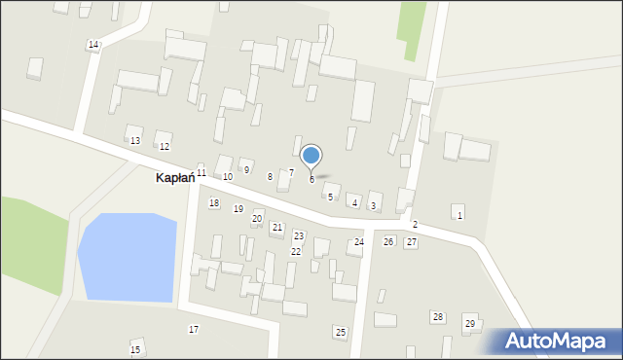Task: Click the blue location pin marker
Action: tap(311, 156)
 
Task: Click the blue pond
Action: tap(128, 257)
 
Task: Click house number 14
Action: tap(92, 46)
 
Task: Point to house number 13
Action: tap(135, 141)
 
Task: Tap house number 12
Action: tap(165, 147)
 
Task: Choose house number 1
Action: tap(459, 215)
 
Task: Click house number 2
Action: tap(415, 225)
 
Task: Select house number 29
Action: tap(470, 324)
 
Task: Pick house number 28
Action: tap(438, 317)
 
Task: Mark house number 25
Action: tap(340, 333)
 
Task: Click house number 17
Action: tap(194, 330)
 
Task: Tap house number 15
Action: tap(135, 349)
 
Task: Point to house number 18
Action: tap(213, 203)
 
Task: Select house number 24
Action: tap(358, 242)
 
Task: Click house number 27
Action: tap(412, 242)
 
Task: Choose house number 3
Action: tap(373, 206)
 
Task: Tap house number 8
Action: tap(270, 177)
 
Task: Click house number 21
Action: tap(277, 228)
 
